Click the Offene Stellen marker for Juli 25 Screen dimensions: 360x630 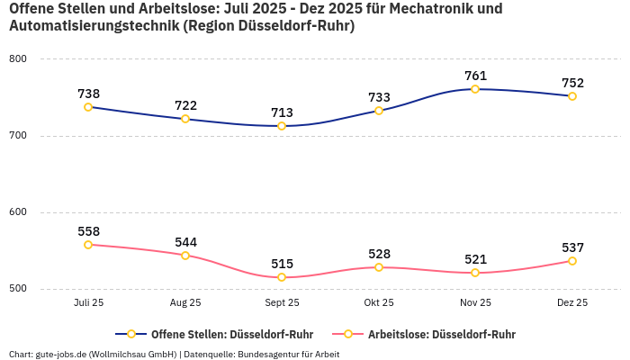click(88, 107)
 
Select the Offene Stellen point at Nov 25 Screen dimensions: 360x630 click(475, 89)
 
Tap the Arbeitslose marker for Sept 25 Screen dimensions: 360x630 click(282, 277)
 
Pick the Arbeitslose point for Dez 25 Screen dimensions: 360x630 click(572, 261)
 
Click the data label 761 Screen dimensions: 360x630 click(475, 76)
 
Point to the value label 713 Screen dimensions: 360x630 click(282, 112)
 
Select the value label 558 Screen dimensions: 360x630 click(88, 231)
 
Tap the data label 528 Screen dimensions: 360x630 click(379, 254)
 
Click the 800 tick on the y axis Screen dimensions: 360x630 click(18, 59)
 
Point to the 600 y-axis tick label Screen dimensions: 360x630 click(18, 212)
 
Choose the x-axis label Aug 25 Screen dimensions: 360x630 click(185, 303)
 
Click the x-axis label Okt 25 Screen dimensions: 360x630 click(379, 303)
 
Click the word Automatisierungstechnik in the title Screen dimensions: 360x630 click(93, 26)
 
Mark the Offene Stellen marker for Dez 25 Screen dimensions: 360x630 click(572, 96)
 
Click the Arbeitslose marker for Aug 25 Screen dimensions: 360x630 click(185, 256)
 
